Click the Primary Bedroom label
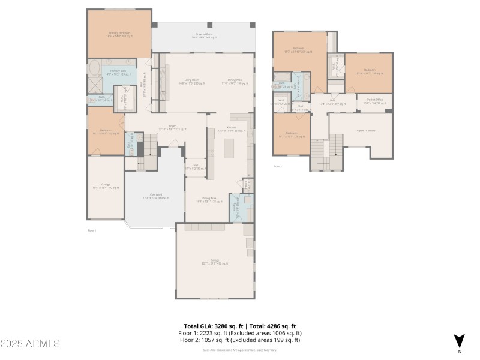(x=119, y=34)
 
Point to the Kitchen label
(x=230, y=128)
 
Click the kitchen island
(x=229, y=148)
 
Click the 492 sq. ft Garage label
(x=215, y=262)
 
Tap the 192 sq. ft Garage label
(x=106, y=186)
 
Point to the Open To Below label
(x=366, y=130)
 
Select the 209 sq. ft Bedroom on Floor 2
(x=298, y=50)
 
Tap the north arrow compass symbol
(x=459, y=340)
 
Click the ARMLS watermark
(x=30, y=344)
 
